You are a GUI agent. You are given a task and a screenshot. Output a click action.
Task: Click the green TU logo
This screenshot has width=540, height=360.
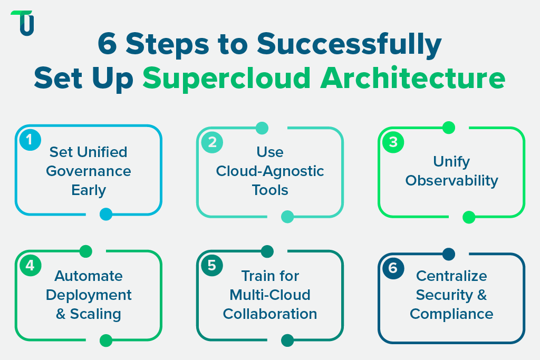(x=23, y=23)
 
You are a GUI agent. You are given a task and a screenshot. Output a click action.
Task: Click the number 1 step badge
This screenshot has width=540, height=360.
(x=30, y=140)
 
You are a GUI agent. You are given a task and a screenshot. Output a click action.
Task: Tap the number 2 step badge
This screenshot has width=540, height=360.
(x=211, y=142)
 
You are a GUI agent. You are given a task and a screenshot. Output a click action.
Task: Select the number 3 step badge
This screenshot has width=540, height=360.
(x=393, y=142)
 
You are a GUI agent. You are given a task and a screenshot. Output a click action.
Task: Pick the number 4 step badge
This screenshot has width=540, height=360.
(x=30, y=266)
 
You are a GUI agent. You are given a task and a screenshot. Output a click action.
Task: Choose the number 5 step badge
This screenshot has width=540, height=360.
(x=211, y=266)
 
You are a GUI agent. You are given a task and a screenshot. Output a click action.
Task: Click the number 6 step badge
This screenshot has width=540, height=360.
(x=393, y=268)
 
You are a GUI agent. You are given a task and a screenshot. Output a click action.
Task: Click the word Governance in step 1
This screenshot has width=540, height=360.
(x=89, y=171)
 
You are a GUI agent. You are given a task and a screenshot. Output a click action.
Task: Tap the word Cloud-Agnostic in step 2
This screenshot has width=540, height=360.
(x=270, y=171)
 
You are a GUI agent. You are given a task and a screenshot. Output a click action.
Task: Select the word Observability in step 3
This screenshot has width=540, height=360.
(x=451, y=180)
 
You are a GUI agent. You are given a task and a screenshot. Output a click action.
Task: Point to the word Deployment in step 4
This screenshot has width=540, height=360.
(x=89, y=295)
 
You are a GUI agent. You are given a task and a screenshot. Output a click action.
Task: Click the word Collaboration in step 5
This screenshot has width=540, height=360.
(x=270, y=314)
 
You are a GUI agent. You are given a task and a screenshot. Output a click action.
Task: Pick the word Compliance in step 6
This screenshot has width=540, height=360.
(x=451, y=314)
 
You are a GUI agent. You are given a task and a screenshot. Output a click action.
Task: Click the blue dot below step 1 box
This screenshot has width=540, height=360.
(x=106, y=214)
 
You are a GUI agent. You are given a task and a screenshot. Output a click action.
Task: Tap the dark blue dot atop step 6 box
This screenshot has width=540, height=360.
(x=448, y=254)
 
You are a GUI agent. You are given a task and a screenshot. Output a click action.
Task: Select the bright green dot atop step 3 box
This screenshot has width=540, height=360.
(x=448, y=128)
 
